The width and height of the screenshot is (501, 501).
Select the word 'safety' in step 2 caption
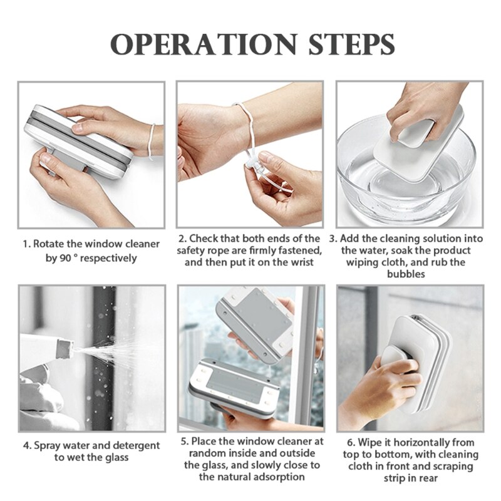tap(195, 250)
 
